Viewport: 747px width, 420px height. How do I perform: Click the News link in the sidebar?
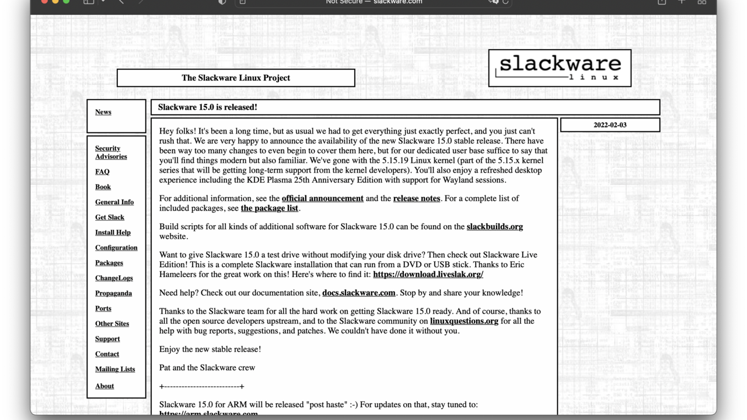pyautogui.click(x=103, y=112)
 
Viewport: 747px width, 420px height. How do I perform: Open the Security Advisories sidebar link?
pyautogui.click(x=111, y=152)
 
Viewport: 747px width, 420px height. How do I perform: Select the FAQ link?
pyautogui.click(x=102, y=171)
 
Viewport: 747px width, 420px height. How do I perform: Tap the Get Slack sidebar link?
pyautogui.click(x=110, y=217)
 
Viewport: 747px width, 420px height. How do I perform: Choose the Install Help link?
pyautogui.click(x=113, y=232)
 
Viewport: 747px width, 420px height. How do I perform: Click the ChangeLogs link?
pyautogui.click(x=114, y=278)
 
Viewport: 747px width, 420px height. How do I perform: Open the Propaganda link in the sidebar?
pyautogui.click(x=113, y=293)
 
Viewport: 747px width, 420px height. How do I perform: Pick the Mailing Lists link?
pyautogui.click(x=115, y=369)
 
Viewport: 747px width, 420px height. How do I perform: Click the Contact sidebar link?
pyautogui.click(x=107, y=353)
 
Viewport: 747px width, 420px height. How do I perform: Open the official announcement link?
pyautogui.click(x=322, y=198)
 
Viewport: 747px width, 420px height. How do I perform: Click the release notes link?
pyautogui.click(x=416, y=198)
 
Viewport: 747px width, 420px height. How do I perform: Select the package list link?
pyautogui.click(x=269, y=208)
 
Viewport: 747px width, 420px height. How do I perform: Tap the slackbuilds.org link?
pyautogui.click(x=494, y=226)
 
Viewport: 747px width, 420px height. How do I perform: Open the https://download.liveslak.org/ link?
pyautogui.click(x=428, y=274)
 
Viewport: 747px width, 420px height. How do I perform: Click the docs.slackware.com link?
pyautogui.click(x=358, y=293)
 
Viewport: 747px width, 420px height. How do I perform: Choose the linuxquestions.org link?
pyautogui.click(x=464, y=321)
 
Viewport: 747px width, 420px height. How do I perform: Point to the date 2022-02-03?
pyautogui.click(x=610, y=125)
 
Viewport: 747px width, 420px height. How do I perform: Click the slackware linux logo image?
pyautogui.click(x=560, y=68)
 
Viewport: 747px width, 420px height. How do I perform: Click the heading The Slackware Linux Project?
pyautogui.click(x=236, y=78)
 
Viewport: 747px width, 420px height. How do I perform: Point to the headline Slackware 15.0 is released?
pyautogui.click(x=208, y=107)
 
